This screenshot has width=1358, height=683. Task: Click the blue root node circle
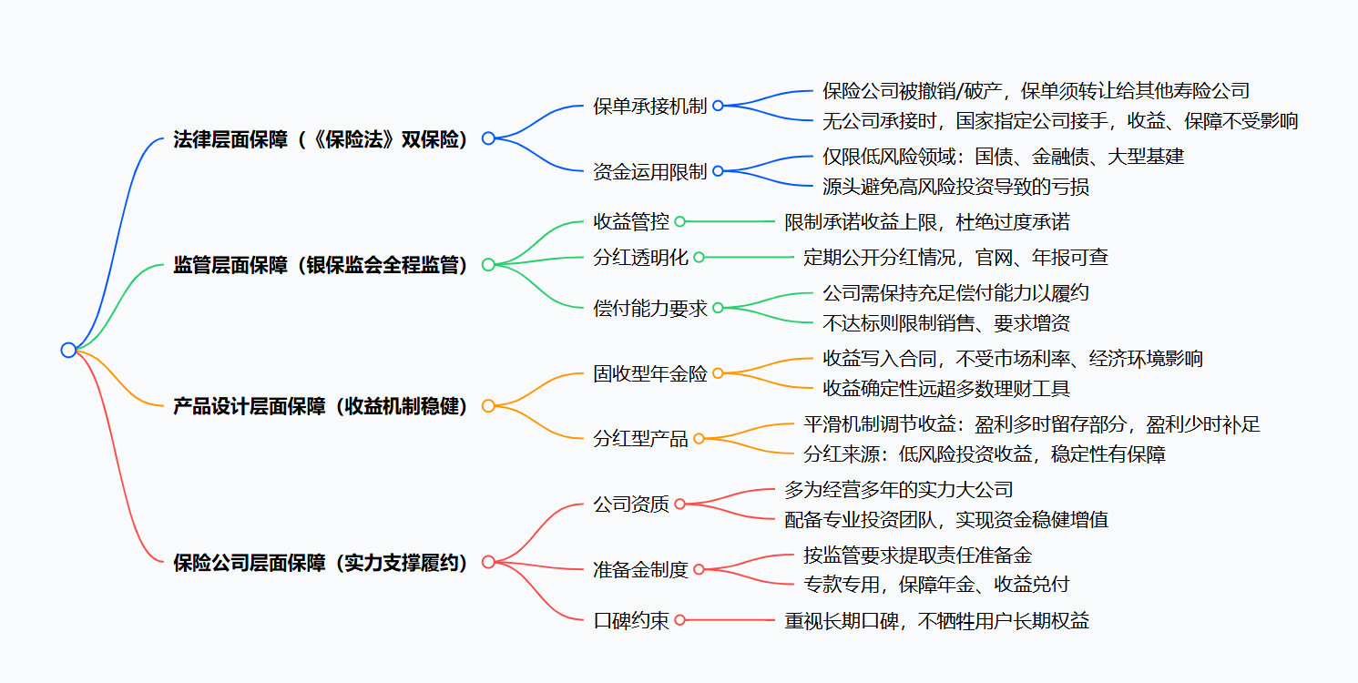[x=68, y=350]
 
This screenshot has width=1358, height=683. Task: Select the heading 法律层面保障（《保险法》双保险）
[x=321, y=139]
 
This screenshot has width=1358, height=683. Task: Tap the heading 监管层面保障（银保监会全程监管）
[x=321, y=265]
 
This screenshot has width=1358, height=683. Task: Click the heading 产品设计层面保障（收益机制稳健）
[x=321, y=406]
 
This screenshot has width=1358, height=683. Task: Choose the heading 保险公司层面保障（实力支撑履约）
[x=321, y=563]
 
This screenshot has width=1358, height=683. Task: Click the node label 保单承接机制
[x=649, y=106]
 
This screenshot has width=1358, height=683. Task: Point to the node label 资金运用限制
[x=649, y=171]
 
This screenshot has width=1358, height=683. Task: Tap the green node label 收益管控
[x=630, y=221]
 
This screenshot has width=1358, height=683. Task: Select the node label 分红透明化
[x=640, y=258]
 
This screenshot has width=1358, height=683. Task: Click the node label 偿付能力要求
[x=649, y=308]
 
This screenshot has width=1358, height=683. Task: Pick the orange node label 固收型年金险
[x=649, y=373]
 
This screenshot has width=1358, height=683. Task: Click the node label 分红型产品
[x=640, y=439]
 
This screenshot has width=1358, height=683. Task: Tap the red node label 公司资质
[x=630, y=504]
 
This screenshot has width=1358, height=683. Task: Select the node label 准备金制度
[x=640, y=570]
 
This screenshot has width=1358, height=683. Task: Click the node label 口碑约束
[x=630, y=620]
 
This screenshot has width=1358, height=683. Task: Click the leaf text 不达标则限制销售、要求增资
[x=945, y=322]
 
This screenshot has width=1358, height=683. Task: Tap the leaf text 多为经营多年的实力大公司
[x=898, y=490]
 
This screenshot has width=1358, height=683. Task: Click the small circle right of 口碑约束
[x=679, y=620]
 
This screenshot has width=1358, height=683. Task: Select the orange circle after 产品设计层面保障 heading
[x=488, y=406]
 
